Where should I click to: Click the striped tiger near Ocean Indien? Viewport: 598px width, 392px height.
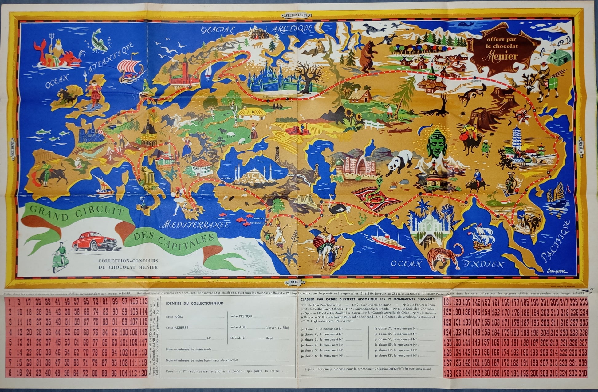tap(446, 257)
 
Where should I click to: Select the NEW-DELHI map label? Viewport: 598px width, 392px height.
tap(426, 197)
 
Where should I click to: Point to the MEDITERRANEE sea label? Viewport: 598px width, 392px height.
tap(196, 225)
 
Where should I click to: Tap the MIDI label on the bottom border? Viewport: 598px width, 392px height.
tap(298, 282)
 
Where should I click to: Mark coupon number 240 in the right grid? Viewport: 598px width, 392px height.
tap(583, 373)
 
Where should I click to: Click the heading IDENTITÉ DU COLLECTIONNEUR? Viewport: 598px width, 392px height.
tap(194, 303)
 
